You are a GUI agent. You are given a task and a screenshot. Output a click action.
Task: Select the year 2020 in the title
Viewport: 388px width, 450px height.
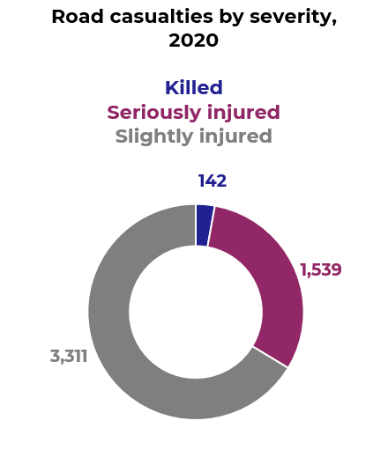coord(193,41)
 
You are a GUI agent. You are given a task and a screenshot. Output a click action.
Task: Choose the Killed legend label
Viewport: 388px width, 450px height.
coord(193,88)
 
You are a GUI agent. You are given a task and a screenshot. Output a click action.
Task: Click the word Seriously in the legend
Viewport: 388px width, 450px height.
coord(148,113)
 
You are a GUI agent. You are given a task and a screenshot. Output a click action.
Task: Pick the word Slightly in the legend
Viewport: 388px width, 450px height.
coord(153,136)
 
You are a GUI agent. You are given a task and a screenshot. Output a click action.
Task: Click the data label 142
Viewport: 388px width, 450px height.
coord(212,181)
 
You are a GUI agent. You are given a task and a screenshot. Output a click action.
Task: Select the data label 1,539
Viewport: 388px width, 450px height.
coord(320,270)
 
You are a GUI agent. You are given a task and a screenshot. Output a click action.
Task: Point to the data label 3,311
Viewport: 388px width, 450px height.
coord(69,357)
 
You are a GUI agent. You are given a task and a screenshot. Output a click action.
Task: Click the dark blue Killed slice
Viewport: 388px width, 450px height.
coord(204,225)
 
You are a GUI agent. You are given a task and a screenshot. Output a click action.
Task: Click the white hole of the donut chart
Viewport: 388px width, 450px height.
coord(195,312)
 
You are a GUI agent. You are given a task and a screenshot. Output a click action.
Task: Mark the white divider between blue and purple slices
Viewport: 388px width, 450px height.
coord(211,227)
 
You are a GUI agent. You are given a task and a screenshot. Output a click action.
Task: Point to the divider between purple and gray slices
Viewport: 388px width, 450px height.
coord(270,357)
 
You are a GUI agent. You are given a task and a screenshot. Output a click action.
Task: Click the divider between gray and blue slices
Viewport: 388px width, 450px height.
coord(195,225)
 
